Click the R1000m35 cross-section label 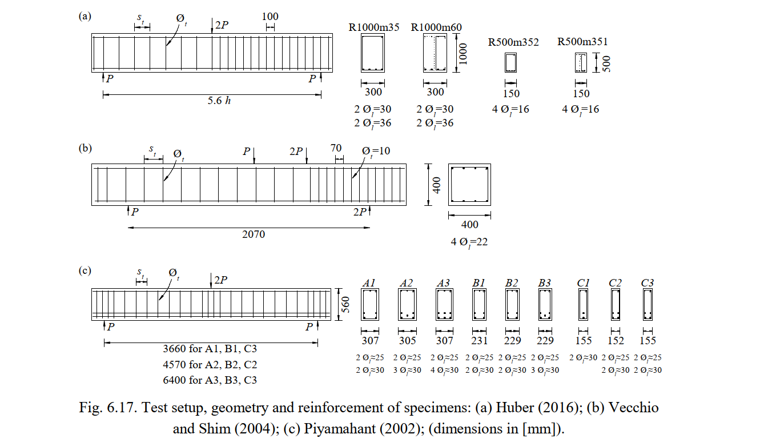[x=373, y=27]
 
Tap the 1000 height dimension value [x=463, y=53]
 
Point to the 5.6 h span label [x=219, y=101]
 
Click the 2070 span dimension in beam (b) [x=254, y=234]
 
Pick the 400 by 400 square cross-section [x=448, y=185]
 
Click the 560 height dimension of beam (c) [x=345, y=304]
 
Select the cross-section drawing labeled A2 [x=399, y=304]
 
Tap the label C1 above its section [x=583, y=282]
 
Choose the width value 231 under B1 [x=479, y=340]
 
